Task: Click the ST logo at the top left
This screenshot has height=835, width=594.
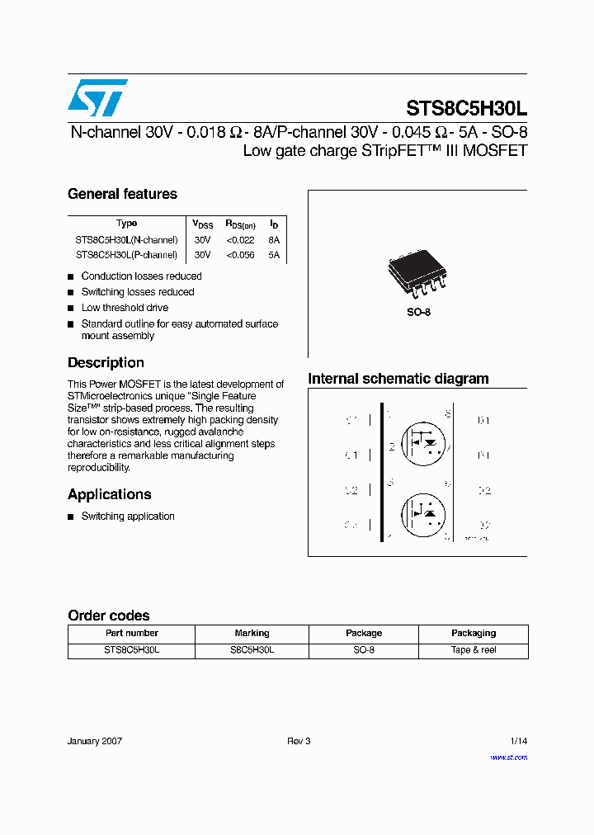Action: click(97, 97)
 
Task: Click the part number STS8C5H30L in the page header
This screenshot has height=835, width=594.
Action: click(466, 108)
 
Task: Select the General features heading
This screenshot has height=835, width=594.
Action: click(122, 194)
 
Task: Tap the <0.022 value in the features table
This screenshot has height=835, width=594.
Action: click(240, 239)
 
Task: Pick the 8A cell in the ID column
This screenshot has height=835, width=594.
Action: click(274, 239)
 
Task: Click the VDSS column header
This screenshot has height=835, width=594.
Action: click(202, 224)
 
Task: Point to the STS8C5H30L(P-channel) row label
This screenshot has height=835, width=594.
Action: click(126, 255)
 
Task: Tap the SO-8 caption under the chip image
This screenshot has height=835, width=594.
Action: click(418, 312)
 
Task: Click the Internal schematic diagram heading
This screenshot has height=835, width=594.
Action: click(398, 379)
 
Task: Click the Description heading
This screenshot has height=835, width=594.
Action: click(106, 362)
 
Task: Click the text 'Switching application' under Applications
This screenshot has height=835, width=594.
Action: click(128, 517)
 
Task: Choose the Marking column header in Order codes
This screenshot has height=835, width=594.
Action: click(252, 633)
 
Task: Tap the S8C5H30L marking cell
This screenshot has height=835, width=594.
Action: click(252, 650)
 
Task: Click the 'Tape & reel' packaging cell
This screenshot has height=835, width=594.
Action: click(474, 650)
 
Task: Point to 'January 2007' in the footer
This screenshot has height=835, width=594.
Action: click(95, 741)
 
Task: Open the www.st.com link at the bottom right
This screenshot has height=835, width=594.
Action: click(508, 757)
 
